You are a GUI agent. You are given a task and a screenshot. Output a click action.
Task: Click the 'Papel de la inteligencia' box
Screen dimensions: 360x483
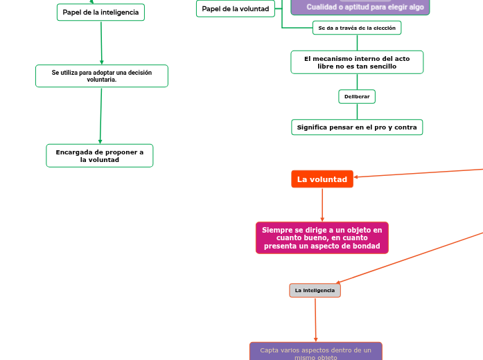click(100, 12)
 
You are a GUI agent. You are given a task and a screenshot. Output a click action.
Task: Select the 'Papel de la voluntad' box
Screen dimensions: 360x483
click(236, 9)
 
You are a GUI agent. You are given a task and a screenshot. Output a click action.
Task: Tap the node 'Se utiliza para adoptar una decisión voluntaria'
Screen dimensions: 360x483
click(102, 76)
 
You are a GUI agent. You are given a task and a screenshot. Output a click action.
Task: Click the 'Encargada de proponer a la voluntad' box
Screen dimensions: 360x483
click(100, 156)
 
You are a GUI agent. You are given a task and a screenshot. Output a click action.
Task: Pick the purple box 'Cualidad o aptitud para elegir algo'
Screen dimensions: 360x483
click(360, 7)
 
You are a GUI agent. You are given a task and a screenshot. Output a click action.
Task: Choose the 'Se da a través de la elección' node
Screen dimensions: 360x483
click(357, 28)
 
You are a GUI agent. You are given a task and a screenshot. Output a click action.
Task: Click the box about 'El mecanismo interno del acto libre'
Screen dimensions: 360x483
click(357, 62)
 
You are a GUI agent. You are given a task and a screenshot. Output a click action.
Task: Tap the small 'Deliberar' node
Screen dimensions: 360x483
click(357, 96)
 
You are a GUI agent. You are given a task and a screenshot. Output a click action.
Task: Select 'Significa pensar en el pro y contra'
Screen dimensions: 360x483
click(357, 127)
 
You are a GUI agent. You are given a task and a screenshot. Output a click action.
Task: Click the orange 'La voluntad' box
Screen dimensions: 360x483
click(322, 179)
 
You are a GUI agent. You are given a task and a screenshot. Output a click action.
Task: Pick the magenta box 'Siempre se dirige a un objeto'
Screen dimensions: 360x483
click(322, 238)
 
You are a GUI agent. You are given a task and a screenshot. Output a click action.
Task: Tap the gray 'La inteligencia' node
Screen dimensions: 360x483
click(315, 291)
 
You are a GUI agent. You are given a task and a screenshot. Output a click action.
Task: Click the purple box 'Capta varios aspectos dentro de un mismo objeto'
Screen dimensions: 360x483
click(315, 352)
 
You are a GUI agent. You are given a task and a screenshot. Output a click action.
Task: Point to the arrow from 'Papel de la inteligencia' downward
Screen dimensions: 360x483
click(101, 43)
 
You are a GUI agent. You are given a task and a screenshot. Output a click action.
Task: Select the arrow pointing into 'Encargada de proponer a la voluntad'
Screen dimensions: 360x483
click(100, 116)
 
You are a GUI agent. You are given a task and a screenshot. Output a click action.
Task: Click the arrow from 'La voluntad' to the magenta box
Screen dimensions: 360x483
click(322, 205)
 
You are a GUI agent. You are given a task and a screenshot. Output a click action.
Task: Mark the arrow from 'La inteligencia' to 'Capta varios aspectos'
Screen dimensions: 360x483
click(315, 320)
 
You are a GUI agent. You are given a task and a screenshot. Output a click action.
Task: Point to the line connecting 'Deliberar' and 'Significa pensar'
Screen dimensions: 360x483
click(357, 111)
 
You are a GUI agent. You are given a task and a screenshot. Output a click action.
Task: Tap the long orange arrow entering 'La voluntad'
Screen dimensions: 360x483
click(416, 173)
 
